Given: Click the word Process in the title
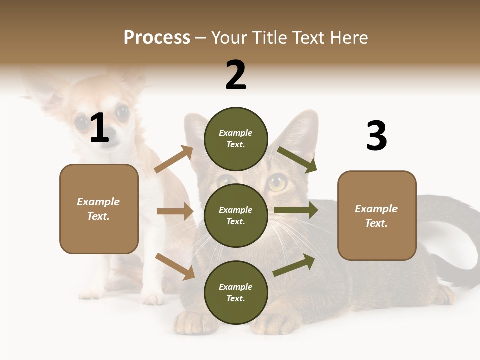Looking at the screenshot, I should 157,37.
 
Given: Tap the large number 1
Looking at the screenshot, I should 99,128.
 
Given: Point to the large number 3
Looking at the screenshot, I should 376,136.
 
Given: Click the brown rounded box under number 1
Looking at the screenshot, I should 99,209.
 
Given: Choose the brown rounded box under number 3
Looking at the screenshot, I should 377,216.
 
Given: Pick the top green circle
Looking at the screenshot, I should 236,139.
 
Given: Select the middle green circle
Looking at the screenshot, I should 236,215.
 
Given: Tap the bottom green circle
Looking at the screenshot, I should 236,292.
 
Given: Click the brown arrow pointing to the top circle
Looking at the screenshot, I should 174,159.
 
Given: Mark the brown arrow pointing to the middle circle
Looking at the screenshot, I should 175,211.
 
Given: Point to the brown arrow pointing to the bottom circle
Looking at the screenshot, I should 175,266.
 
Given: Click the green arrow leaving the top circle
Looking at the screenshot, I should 297,159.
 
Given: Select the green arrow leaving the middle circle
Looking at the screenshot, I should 296,210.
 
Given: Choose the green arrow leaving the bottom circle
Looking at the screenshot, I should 294,265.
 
